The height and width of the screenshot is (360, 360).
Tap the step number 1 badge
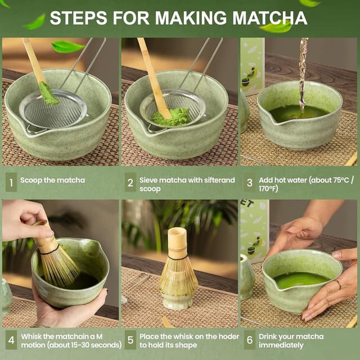[x=11, y=182]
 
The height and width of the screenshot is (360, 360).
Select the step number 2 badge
[x=130, y=182]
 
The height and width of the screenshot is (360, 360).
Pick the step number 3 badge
[x=249, y=182]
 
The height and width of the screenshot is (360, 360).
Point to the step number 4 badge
[x=11, y=340]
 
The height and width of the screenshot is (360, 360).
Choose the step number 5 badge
[x=130, y=340]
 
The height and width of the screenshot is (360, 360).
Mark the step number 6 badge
[x=249, y=340]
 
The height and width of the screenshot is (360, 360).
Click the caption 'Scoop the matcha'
[x=53, y=181]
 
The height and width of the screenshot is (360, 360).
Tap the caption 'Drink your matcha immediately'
[x=291, y=340]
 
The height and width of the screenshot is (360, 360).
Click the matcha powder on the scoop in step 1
[x=48, y=94]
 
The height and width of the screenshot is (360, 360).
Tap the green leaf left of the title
[x=36, y=22]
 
